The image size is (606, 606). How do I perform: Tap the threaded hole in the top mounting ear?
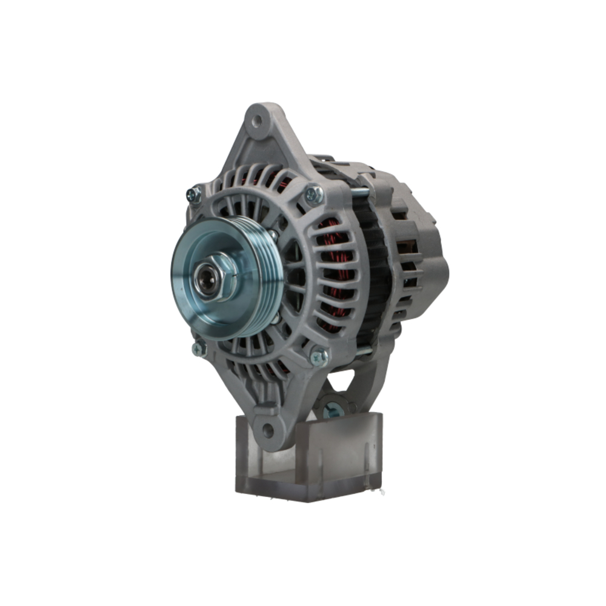(x=257, y=121)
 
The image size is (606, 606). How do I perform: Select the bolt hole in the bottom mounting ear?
(x=268, y=430)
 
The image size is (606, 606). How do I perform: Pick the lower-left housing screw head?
(x=199, y=348)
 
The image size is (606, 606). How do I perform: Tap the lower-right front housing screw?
(x=319, y=356)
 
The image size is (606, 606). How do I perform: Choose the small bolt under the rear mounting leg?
(x=331, y=410)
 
